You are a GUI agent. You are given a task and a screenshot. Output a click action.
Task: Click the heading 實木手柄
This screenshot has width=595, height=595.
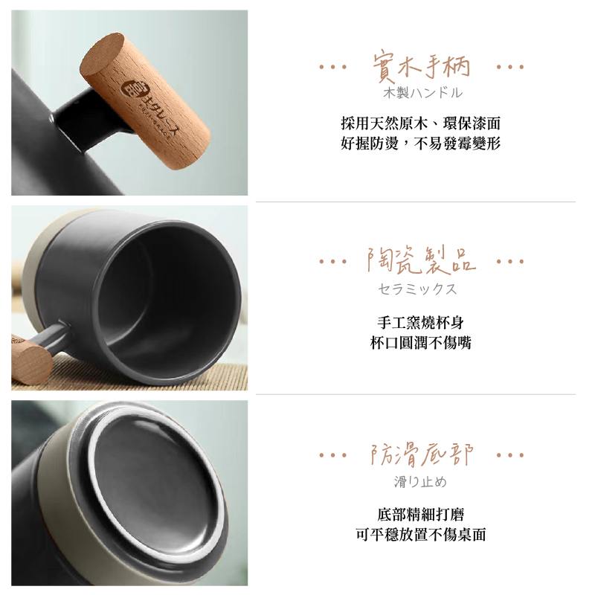[421, 68]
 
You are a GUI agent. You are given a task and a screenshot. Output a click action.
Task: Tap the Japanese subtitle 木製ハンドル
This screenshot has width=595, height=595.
[422, 93]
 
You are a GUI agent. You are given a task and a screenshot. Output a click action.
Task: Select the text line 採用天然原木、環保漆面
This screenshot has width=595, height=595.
[420, 123]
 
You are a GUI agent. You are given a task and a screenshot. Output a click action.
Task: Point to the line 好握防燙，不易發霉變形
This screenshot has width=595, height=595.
[420, 144]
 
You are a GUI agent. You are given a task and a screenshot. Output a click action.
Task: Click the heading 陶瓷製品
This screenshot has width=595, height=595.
[421, 261]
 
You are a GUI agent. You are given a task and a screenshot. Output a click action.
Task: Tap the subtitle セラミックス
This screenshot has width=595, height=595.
[417, 289]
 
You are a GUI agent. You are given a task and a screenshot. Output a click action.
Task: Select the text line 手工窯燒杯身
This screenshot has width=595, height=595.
[420, 323]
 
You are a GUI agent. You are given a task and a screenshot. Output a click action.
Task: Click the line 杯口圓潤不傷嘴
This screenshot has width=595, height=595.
[420, 343]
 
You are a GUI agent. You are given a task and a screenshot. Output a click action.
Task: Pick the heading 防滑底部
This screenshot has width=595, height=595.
[422, 454]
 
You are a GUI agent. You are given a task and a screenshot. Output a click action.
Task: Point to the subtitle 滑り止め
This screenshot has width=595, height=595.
[420, 482]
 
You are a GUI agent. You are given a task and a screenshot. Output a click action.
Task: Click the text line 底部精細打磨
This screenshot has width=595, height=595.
[420, 515]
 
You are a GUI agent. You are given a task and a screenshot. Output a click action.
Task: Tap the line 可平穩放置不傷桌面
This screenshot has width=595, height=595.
[420, 535]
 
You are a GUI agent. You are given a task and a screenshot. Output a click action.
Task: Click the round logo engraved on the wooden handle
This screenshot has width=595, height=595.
[132, 89]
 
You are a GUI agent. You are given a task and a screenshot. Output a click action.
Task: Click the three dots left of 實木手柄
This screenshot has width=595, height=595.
[332, 67]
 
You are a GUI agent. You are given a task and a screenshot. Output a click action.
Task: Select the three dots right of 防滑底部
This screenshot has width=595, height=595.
[510, 454]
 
